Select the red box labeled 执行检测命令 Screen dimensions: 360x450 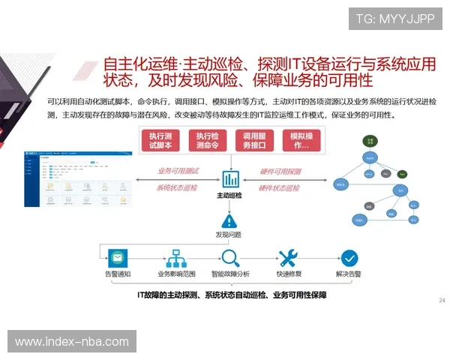pos(208,140)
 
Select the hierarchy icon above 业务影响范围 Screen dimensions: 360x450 pos(175,258)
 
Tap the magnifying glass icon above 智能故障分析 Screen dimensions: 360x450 pos(229,258)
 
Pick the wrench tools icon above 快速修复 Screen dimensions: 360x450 pos(289,258)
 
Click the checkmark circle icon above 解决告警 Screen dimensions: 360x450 pos(349,258)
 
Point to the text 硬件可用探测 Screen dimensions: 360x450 pos(280,171)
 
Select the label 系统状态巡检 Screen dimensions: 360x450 pos(177,187)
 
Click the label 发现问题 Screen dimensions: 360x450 pos(231,235)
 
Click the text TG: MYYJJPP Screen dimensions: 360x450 pos(394,19)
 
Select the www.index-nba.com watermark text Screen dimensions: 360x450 pos(72,342)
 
